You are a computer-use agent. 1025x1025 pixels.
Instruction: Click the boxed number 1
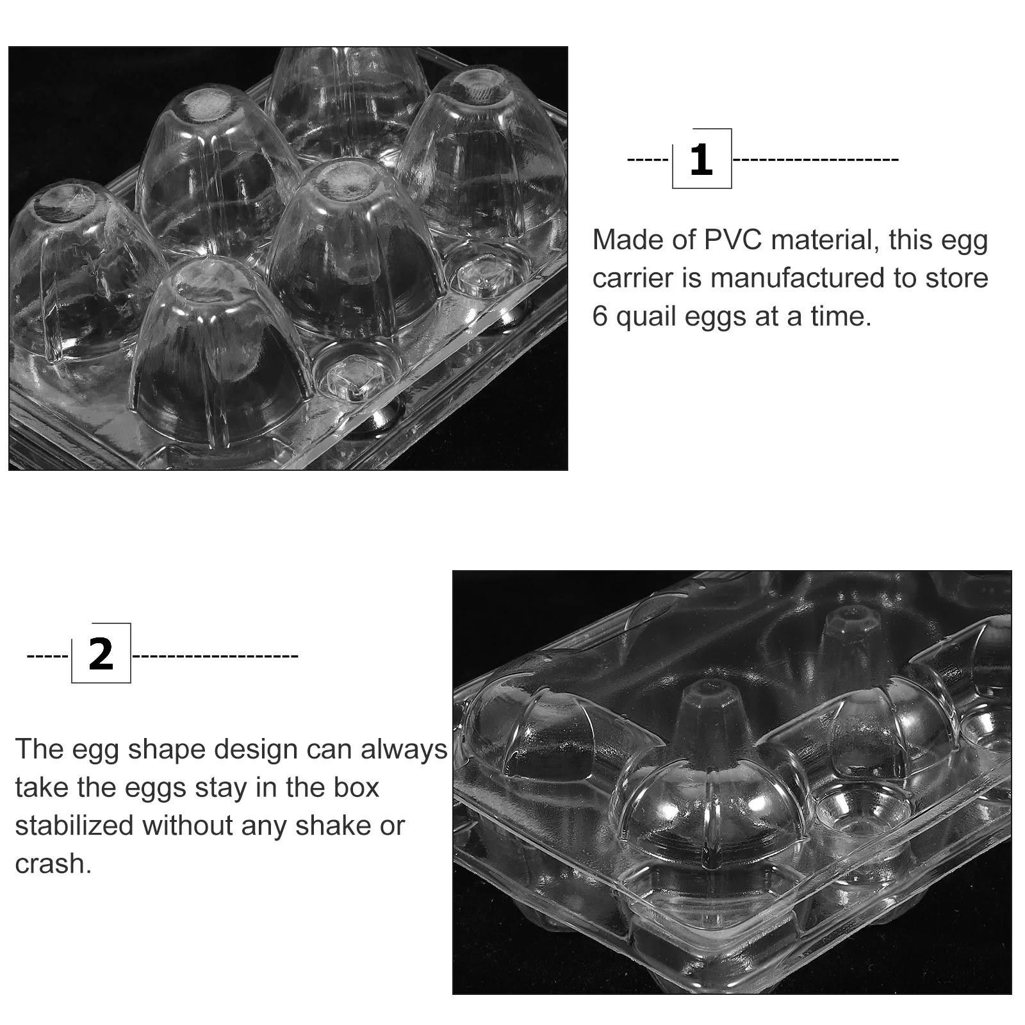pyautogui.click(x=701, y=159)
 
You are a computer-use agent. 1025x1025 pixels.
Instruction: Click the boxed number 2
pyautogui.click(x=101, y=654)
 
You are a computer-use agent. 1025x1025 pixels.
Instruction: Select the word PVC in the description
pyautogui.click(x=733, y=240)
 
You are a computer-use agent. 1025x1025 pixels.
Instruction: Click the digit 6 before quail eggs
pyautogui.click(x=600, y=316)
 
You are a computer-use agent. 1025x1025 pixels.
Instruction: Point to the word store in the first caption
pyautogui.click(x=956, y=279)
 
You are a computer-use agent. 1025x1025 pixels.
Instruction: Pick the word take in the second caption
pyautogui.click(x=42, y=788)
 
